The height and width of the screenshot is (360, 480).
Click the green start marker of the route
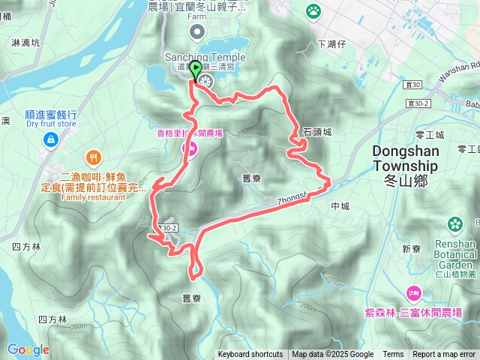click(196, 71)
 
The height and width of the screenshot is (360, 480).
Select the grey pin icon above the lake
click(197, 31)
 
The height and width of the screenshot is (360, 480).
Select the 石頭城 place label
click(317, 131)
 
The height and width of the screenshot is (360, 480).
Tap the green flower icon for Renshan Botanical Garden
click(454, 223)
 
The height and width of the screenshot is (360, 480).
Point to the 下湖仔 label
click(330, 45)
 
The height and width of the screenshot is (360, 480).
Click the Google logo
click(28, 349)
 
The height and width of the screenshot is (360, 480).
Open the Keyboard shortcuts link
click(250, 355)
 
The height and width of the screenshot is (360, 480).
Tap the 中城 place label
click(339, 206)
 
